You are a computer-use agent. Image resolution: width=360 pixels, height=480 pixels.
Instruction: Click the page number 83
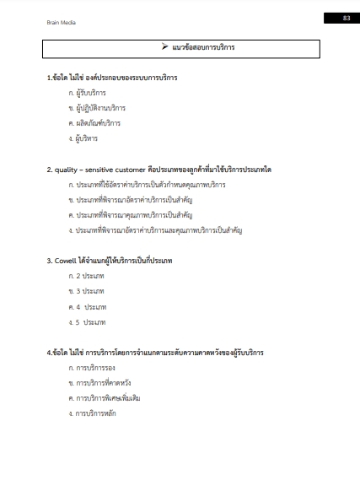346,18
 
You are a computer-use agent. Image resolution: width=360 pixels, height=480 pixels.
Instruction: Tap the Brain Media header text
62,23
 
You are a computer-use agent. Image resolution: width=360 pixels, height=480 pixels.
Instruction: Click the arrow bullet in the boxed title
154,46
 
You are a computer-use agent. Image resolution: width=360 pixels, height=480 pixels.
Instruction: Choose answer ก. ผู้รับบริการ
89,93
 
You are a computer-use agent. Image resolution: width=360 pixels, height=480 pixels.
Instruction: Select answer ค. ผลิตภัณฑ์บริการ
94,123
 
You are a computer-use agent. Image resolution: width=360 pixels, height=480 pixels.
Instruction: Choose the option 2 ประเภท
87,276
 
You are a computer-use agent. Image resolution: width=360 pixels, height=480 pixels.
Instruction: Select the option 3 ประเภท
87,291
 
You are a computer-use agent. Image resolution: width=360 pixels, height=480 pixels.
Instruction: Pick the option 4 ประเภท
88,306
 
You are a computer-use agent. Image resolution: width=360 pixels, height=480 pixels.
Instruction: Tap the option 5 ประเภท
88,321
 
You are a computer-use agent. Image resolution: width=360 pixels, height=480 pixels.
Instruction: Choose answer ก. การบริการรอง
91,368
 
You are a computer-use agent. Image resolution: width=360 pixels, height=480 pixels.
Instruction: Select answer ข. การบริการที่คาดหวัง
99,383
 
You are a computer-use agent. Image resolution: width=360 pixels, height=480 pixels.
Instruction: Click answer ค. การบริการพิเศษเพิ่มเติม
105,398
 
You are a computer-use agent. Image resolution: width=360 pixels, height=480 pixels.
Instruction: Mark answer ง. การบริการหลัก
93,413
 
